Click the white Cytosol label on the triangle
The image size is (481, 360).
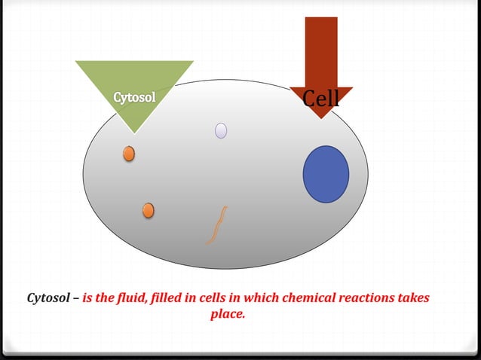(x=135, y=98)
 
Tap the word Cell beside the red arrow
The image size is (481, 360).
(x=320, y=99)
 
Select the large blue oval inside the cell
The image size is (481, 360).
(x=326, y=174)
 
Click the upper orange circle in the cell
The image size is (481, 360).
(x=129, y=154)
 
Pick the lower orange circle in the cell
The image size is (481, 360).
(x=148, y=210)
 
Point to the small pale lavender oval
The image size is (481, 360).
(x=221, y=131)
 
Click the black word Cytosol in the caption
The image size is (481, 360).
(x=50, y=298)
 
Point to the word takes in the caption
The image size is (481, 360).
(x=412, y=298)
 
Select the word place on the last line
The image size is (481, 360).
(x=228, y=314)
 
